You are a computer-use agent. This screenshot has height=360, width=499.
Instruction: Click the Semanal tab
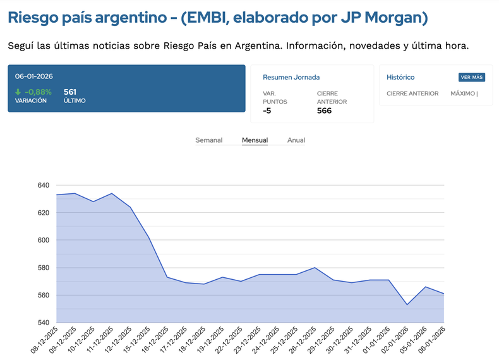coord(208,140)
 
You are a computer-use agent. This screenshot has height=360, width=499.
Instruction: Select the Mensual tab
coord(255,140)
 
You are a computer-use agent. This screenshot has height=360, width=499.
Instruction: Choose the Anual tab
coord(296,140)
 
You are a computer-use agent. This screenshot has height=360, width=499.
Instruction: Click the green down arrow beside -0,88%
coord(18,92)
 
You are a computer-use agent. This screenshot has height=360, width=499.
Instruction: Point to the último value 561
coord(70,92)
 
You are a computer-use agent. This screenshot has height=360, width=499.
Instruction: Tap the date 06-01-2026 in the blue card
coord(34,76)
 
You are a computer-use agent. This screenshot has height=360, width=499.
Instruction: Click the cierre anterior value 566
coord(324,111)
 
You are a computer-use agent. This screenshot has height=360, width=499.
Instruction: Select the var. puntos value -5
coord(267,111)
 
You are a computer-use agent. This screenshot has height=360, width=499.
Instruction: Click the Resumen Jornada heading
coord(291,77)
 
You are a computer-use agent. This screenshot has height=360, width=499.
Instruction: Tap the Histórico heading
coord(400,77)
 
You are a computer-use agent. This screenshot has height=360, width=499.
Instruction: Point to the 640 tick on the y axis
coord(43,185)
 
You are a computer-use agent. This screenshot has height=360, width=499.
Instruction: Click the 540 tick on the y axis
coord(43,323)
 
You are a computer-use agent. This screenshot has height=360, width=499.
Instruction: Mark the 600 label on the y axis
coord(43,240)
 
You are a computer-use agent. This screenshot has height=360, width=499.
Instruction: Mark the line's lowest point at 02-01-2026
coord(407,305)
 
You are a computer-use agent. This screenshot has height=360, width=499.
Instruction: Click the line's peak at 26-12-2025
coord(315,268)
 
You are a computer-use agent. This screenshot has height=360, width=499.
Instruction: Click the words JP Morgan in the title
coord(382,18)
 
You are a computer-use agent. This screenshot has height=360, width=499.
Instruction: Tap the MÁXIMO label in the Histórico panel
coord(463,93)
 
